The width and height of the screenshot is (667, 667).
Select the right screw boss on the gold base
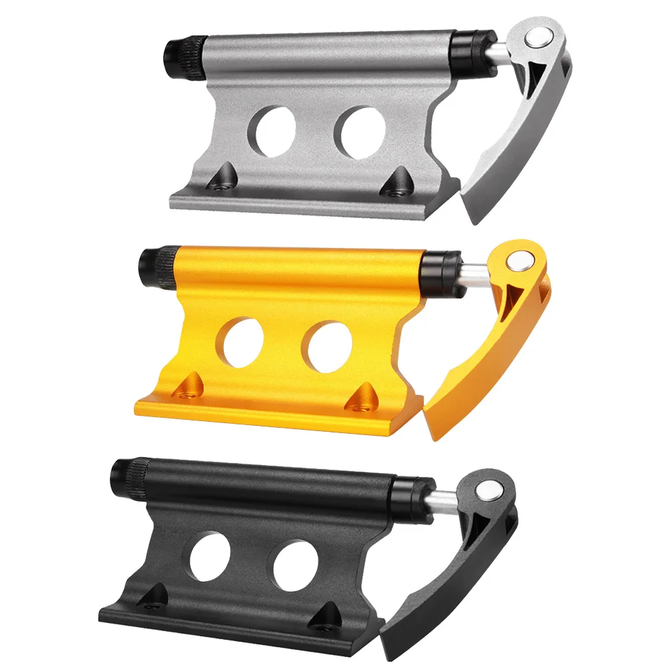click(x=364, y=394)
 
